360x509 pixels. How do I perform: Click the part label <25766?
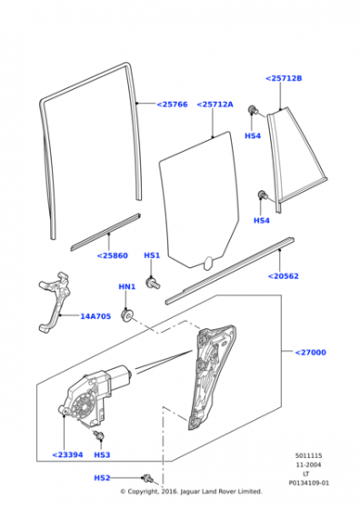[x=172, y=105]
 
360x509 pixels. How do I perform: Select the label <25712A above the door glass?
[x=215, y=105]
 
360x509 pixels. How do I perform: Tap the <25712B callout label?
[x=284, y=78]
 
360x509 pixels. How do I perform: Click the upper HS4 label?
[x=253, y=135]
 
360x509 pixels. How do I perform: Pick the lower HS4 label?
[x=261, y=220]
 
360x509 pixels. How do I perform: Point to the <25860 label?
[x=113, y=255]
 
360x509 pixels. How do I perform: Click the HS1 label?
[x=152, y=255]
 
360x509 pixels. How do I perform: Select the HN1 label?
[x=127, y=286]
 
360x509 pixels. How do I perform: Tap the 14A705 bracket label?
[x=95, y=316]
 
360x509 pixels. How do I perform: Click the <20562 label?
[x=283, y=276]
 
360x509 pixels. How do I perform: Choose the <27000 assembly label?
[x=310, y=353]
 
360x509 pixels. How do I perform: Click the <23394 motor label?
[x=67, y=454]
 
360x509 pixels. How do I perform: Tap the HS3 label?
[x=102, y=454]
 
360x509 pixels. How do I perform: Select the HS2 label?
[x=102, y=478]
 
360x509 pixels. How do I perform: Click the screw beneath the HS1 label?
[x=153, y=283]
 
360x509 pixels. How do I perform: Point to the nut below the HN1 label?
[x=126, y=315]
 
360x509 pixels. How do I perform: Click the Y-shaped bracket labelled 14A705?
[x=55, y=302]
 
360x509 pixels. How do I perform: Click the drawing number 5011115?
[x=308, y=455]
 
